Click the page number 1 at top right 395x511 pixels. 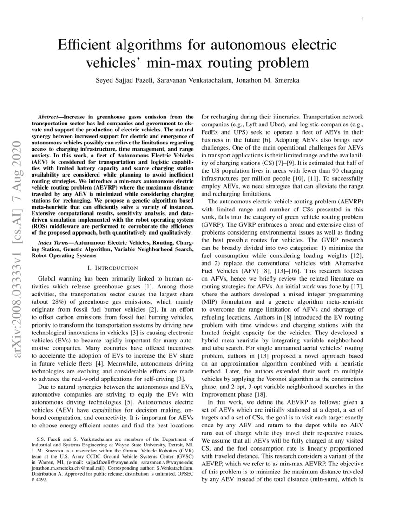pyautogui.click(x=361, y=19)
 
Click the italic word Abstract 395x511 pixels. pyautogui.click(x=50, y=116)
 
